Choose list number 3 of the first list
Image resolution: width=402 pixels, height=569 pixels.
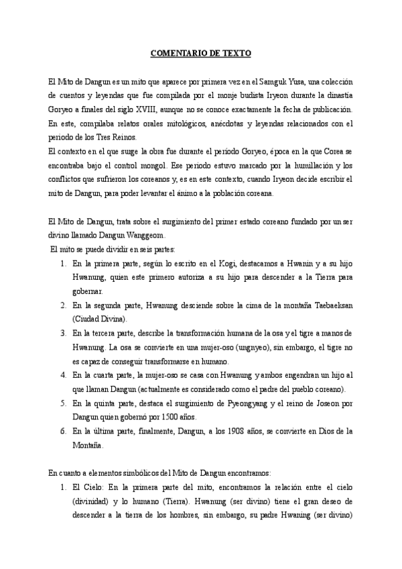pyautogui.click(x=63, y=333)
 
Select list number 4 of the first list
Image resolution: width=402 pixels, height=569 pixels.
pyautogui.click(x=63, y=375)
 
